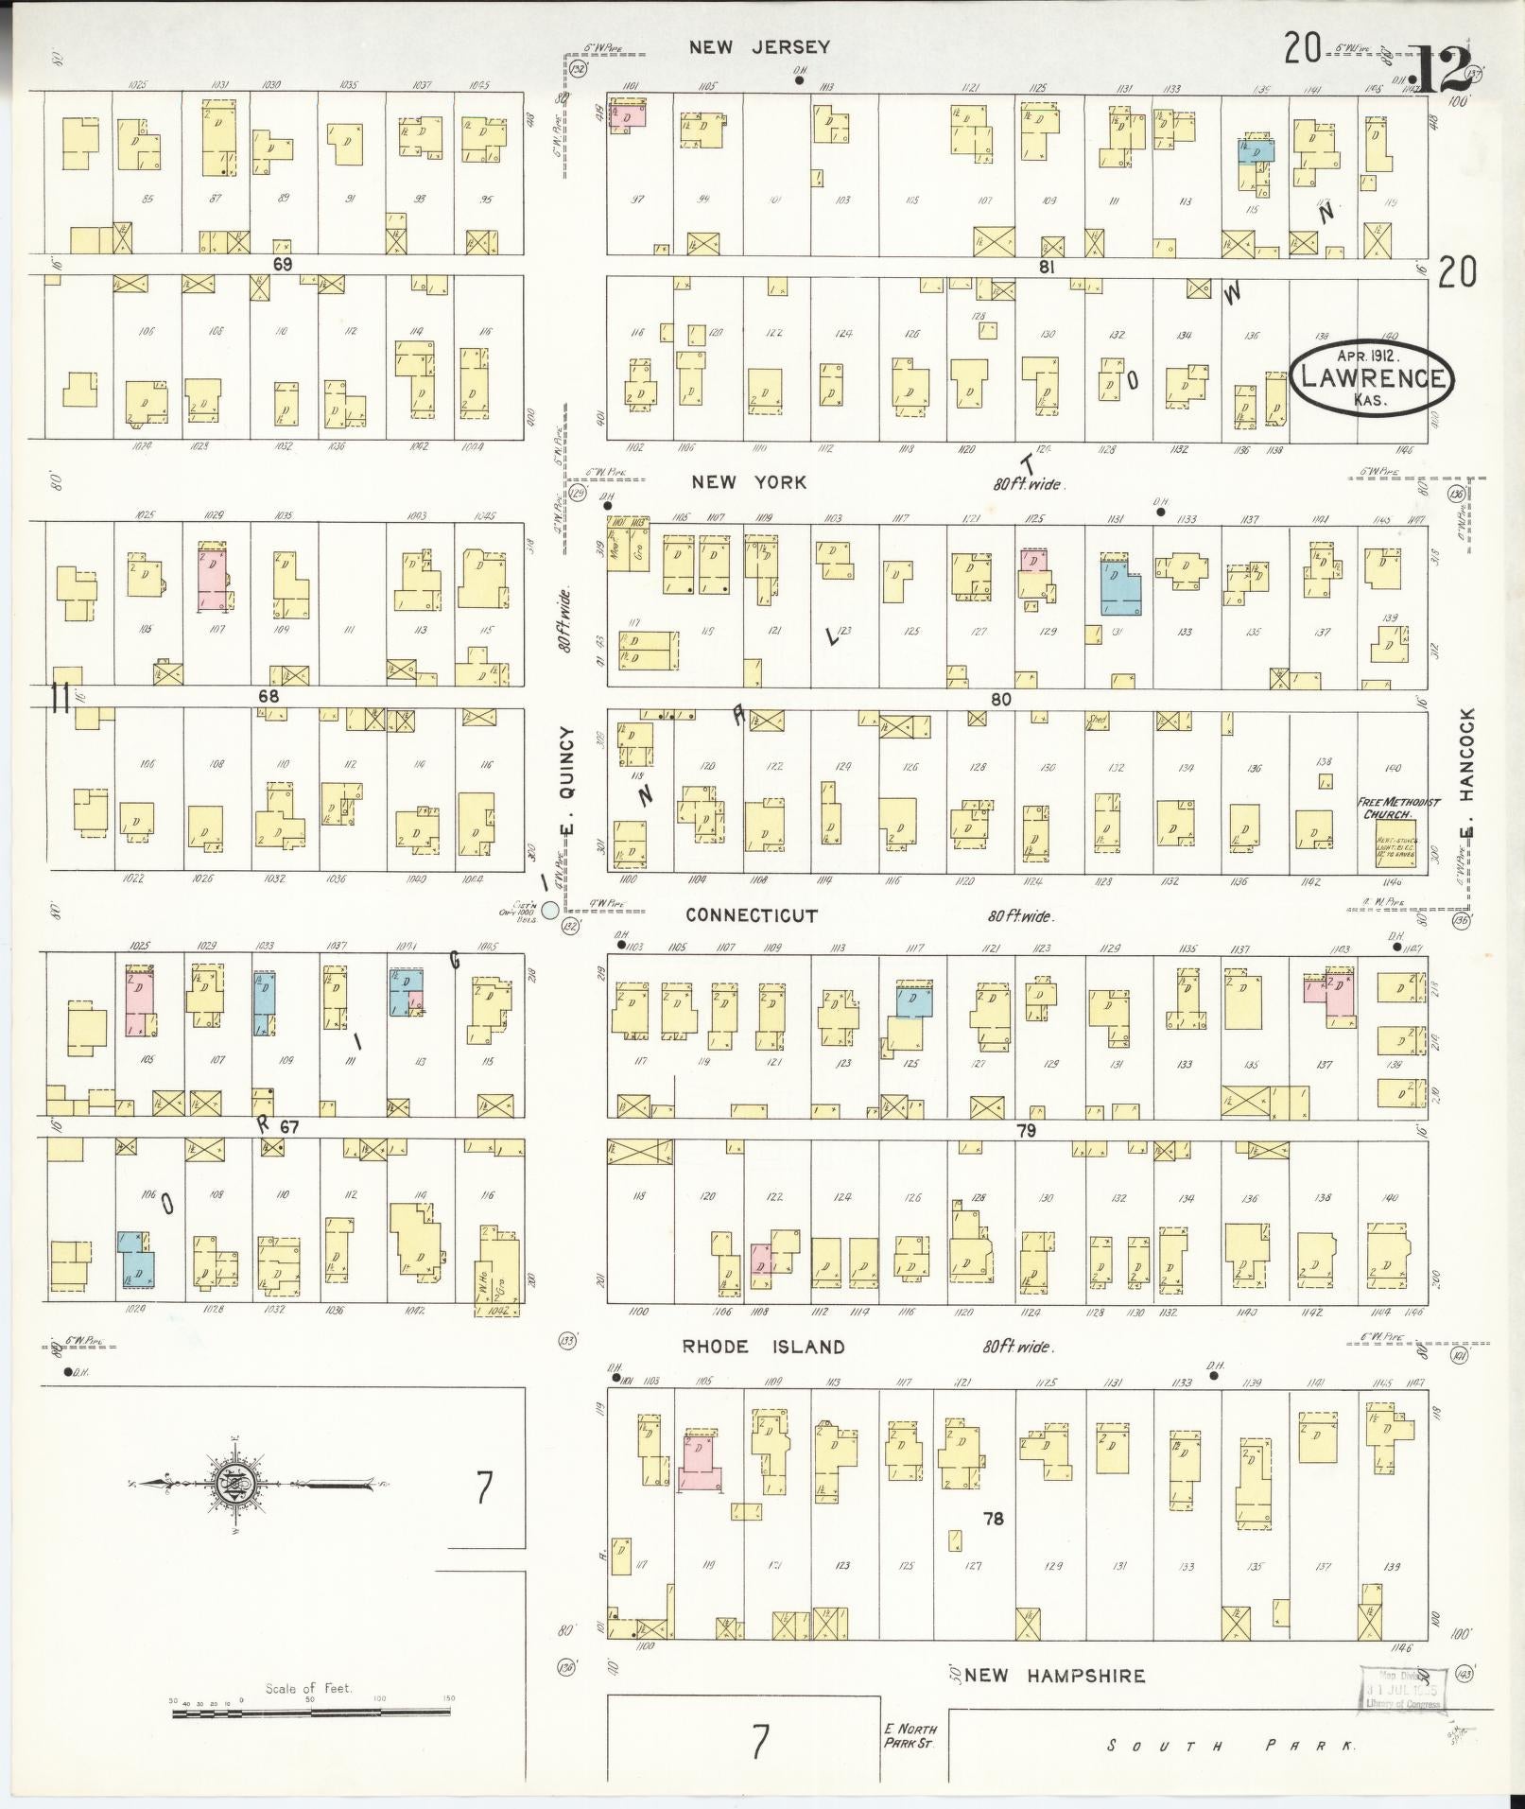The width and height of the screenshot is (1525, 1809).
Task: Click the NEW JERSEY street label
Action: click(x=759, y=47)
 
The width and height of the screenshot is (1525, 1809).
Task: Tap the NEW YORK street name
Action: click(x=749, y=482)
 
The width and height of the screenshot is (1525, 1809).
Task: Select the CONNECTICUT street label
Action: click(x=751, y=915)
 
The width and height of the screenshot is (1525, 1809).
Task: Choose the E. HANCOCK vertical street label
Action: click(x=1466, y=773)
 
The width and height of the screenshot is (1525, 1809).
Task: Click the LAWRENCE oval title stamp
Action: click(x=1373, y=376)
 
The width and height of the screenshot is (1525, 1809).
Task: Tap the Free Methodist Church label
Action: click(x=1398, y=808)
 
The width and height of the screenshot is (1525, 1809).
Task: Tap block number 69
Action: click(x=282, y=266)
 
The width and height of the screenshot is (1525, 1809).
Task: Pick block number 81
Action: click(x=1046, y=268)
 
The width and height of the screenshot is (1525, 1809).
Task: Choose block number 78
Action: click(x=993, y=1520)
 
